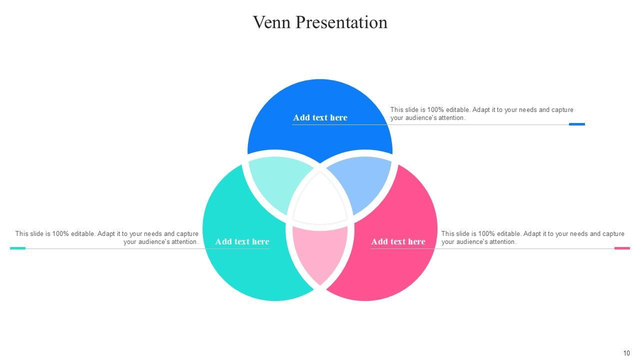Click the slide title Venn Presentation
[320, 22]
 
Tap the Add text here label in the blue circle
[320, 117]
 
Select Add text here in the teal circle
[242, 241]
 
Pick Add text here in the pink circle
[398, 241]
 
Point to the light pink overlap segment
[320, 252]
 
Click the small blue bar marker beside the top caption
[576, 124]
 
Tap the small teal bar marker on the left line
[17, 248]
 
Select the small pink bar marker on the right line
[622, 248]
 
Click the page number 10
[626, 353]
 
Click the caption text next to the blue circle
[481, 113]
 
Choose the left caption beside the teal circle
[107, 237]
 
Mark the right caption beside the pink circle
[532, 237]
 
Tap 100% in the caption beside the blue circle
[435, 109]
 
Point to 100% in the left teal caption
[60, 233]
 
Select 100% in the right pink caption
[486, 233]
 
